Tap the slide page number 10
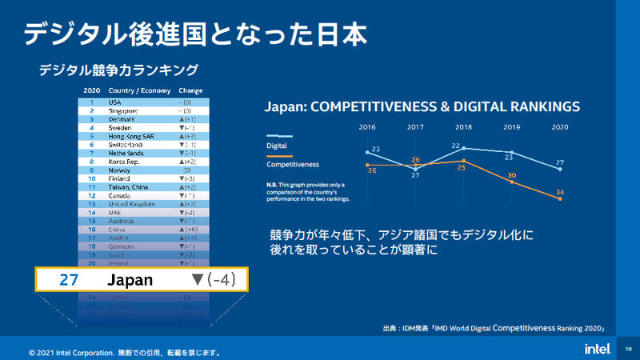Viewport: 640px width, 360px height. (628, 349)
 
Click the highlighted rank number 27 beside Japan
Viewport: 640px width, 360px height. (70, 280)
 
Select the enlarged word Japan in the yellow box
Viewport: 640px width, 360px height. (130, 280)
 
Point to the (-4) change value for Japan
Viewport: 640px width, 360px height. (217, 280)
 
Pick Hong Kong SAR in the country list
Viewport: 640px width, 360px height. (130, 136)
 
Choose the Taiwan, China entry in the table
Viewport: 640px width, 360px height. (130, 186)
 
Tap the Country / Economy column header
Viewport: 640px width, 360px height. (137, 90)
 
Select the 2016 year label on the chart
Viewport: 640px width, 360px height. (367, 127)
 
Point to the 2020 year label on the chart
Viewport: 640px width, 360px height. (560, 127)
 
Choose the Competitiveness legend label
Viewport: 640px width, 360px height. (292, 164)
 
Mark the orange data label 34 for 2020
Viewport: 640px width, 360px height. (560, 191)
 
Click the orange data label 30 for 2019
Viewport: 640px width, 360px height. (512, 174)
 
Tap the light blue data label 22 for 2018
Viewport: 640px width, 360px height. (456, 146)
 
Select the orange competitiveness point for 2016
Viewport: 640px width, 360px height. (367, 164)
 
